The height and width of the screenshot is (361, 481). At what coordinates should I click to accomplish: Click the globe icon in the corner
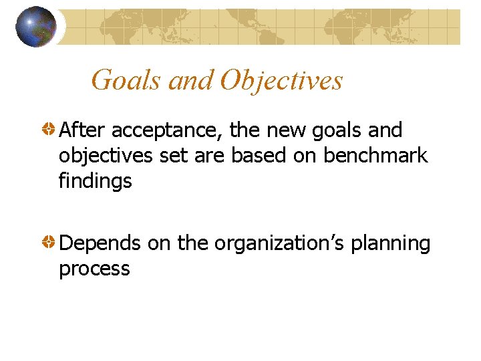pos(36,27)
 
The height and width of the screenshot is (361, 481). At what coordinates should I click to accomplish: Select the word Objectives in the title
pos(281,81)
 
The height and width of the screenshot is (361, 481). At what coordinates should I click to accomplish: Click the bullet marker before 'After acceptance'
pos(49,130)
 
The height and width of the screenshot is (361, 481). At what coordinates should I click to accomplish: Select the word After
pos(82,130)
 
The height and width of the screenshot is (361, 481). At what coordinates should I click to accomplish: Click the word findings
pos(96,181)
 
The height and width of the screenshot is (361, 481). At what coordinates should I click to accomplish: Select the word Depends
pos(100,244)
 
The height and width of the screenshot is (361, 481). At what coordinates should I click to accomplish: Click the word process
pos(94,269)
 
